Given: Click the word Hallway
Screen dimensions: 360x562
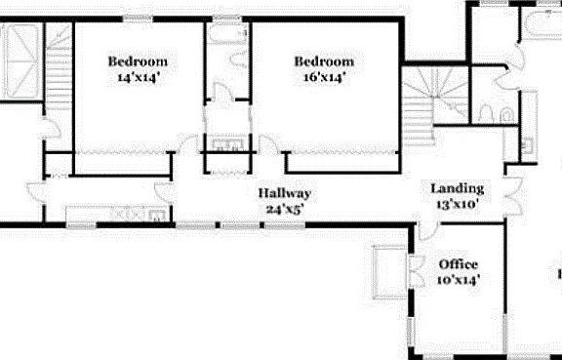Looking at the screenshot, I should click(x=285, y=193).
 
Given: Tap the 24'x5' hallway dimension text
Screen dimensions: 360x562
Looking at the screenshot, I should click(x=285, y=208).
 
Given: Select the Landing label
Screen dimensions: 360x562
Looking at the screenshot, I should click(x=457, y=188).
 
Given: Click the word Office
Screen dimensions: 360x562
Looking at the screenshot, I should click(x=457, y=264).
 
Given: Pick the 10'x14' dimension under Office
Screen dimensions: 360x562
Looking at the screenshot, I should click(x=457, y=279).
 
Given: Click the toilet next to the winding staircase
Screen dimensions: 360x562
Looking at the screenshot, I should click(x=505, y=115).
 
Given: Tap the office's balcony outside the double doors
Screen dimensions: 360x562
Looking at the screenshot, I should click(x=390, y=268).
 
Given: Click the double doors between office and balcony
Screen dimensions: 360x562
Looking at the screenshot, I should click(x=409, y=269).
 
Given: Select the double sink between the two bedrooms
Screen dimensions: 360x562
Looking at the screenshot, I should click(x=227, y=146).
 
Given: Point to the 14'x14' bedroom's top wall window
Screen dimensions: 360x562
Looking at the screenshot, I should click(x=136, y=20).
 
